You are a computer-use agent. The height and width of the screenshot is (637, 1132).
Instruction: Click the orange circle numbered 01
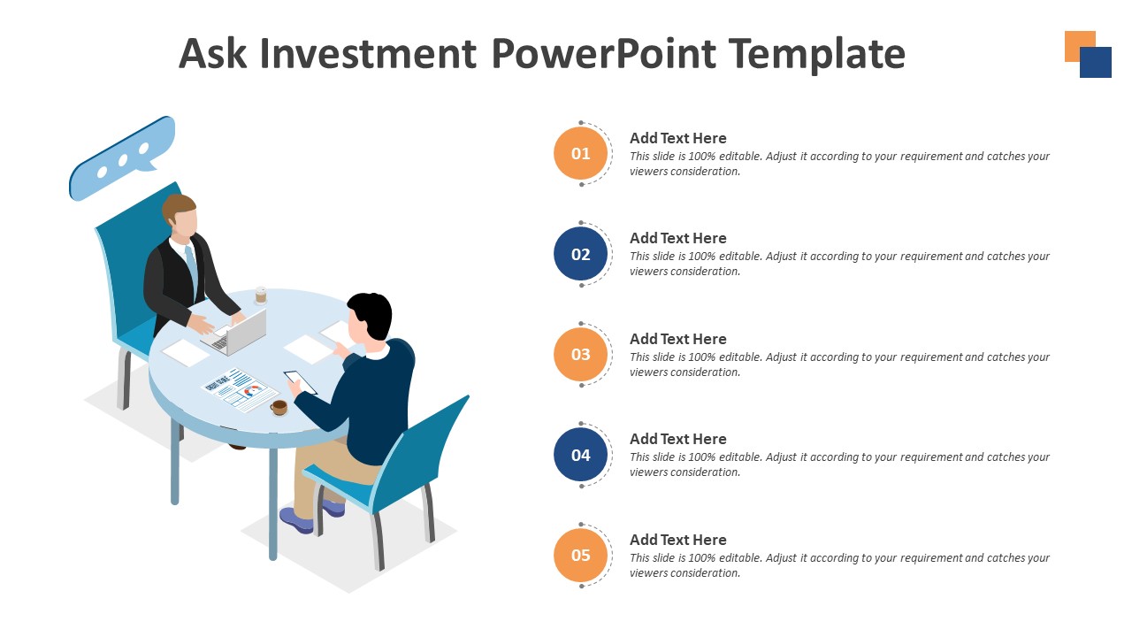(x=580, y=154)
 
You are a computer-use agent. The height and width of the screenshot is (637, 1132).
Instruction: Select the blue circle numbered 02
(x=580, y=255)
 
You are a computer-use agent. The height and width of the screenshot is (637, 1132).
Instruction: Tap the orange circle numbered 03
(x=580, y=355)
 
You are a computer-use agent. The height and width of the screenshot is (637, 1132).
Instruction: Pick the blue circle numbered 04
(x=580, y=456)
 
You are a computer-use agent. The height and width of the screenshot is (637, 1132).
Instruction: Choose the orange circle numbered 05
(x=580, y=556)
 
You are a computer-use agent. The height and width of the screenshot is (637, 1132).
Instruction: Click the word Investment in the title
(x=368, y=54)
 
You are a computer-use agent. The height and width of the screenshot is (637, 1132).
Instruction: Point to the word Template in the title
(x=817, y=54)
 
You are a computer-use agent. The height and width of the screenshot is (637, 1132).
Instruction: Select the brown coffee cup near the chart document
(x=279, y=407)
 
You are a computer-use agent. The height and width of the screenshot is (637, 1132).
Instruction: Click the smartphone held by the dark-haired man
(x=299, y=382)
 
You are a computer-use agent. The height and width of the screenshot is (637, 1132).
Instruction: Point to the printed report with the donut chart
(x=240, y=390)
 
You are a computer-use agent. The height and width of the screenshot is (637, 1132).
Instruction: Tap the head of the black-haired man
(x=369, y=317)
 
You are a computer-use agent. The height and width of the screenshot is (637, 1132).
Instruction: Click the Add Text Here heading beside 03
(x=677, y=339)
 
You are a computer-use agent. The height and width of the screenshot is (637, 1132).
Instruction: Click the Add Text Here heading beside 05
(x=677, y=540)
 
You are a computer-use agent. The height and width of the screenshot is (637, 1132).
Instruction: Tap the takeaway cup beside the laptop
(x=261, y=295)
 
